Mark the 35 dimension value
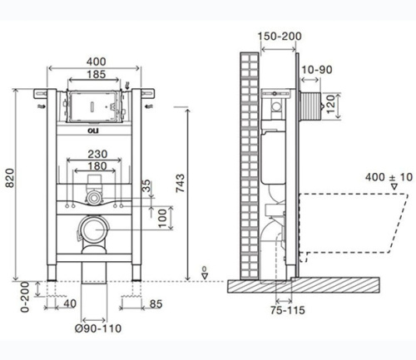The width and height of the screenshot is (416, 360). pyautogui.click(x=147, y=185)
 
